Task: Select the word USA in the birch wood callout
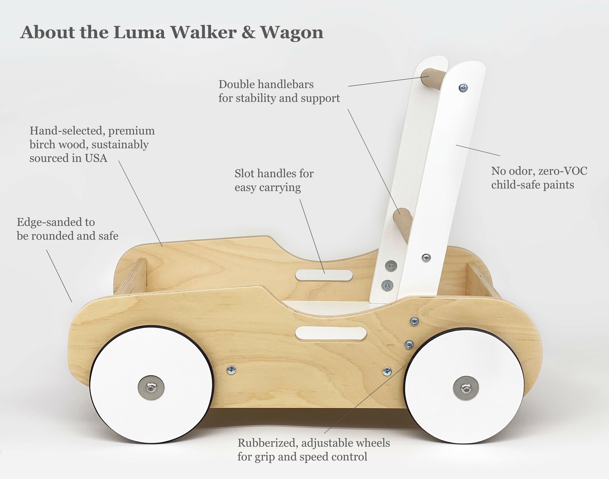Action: tap(96, 158)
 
